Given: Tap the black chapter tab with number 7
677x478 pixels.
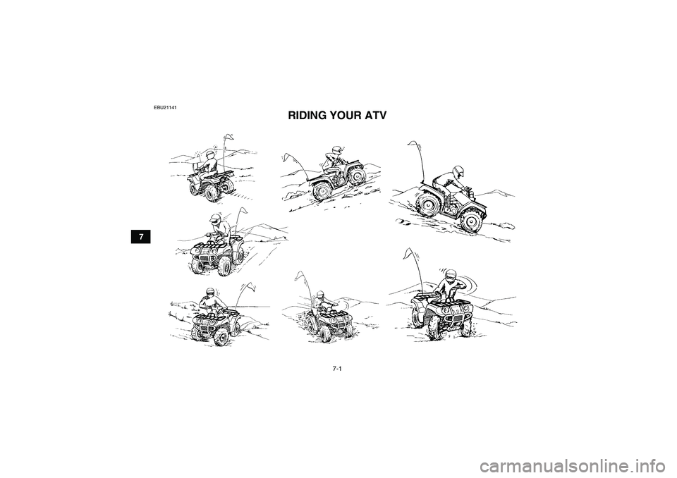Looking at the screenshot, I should coord(142,235).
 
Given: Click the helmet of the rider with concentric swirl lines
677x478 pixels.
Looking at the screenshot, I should coord(451,276).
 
